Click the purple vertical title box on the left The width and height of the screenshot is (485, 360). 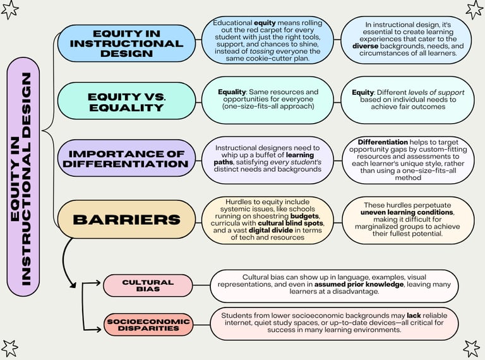(23, 179)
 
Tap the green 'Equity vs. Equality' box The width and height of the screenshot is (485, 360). (126, 101)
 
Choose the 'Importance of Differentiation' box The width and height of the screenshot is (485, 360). (126, 158)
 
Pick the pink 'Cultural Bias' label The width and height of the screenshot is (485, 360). (147, 285)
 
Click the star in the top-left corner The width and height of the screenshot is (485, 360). (11, 9)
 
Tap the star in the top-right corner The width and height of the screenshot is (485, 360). (474, 9)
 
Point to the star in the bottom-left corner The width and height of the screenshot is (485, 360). (9, 348)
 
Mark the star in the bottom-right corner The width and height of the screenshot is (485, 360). (472, 348)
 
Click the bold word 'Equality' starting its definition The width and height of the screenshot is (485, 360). (231, 92)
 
